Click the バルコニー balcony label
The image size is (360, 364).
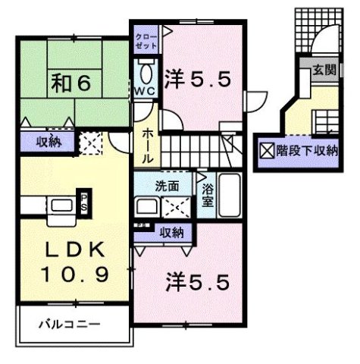tap(70, 324)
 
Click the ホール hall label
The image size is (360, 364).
tap(149, 145)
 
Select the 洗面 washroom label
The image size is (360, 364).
tap(167, 185)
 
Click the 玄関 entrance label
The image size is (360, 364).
tap(323, 69)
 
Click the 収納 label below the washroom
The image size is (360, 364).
tap(171, 234)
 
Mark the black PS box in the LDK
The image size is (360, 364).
tap(84, 202)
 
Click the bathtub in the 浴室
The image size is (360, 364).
tap(229, 196)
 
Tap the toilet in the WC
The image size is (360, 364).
tap(145, 74)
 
